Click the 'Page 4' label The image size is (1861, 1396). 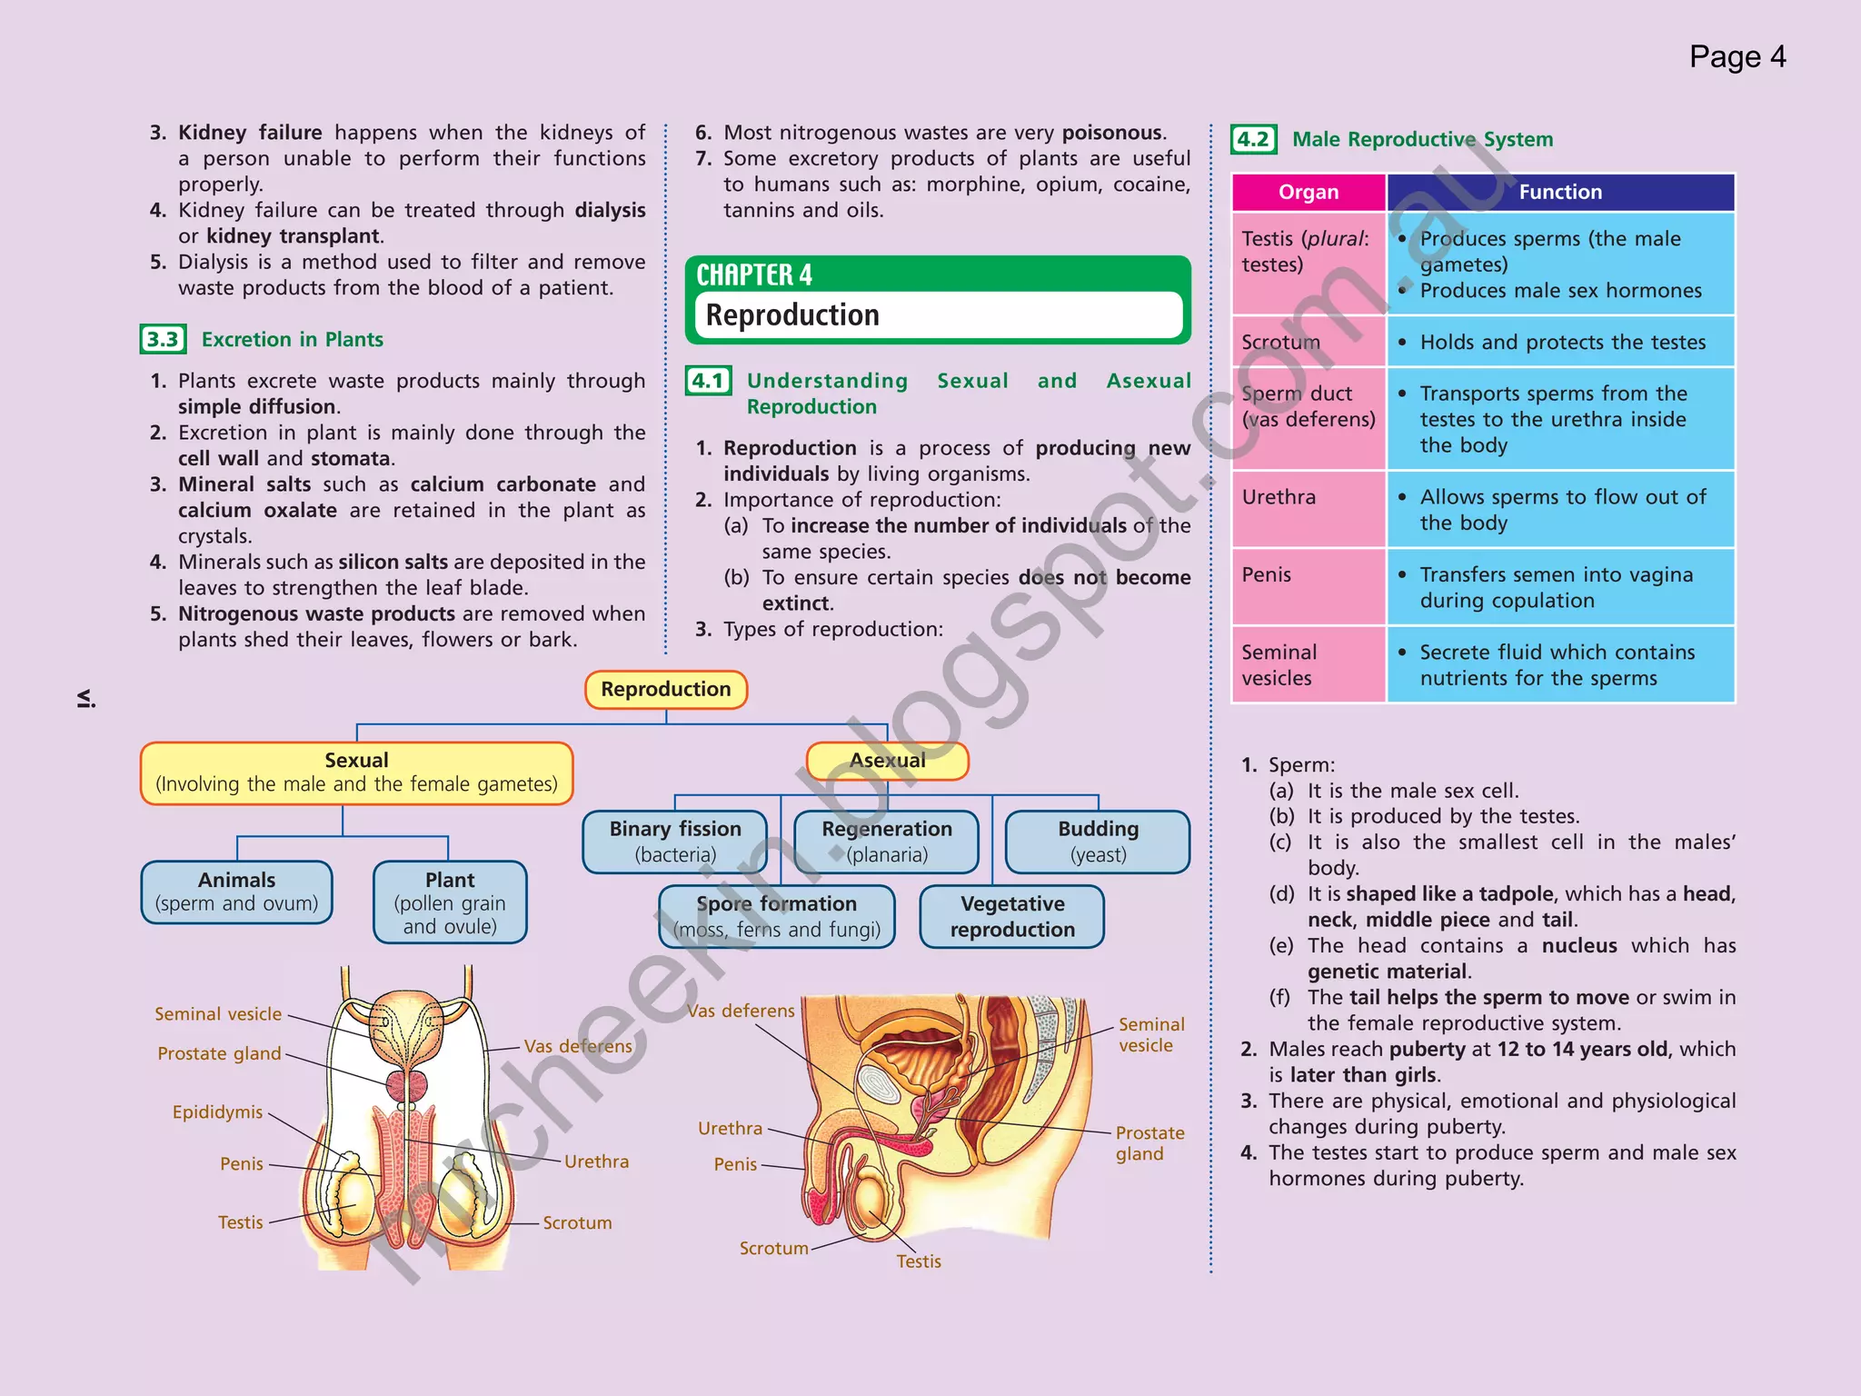[1737, 57]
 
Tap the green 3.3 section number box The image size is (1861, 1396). [164, 339]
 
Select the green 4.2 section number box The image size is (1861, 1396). [1254, 139]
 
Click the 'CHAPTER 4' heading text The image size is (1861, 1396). [754, 274]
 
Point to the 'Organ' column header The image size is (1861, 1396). [1309, 192]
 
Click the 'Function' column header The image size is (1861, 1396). [1560, 192]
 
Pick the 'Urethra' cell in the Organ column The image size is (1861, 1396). [1279, 497]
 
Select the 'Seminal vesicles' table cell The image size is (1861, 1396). [1279, 664]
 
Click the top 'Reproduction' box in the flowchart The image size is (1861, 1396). [666, 689]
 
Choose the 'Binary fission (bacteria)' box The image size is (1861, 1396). [675, 841]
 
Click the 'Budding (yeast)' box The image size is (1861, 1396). [1098, 841]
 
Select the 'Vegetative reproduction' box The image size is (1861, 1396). [1012, 916]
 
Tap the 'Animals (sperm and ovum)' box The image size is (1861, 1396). [236, 892]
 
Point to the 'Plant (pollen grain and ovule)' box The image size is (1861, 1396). [450, 902]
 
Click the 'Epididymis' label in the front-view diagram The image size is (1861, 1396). [217, 1112]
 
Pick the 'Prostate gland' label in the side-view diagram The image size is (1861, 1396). [1149, 1143]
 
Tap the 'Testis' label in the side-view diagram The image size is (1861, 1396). [919, 1261]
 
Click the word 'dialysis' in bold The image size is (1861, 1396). [610, 210]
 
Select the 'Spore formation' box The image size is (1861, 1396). [777, 916]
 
